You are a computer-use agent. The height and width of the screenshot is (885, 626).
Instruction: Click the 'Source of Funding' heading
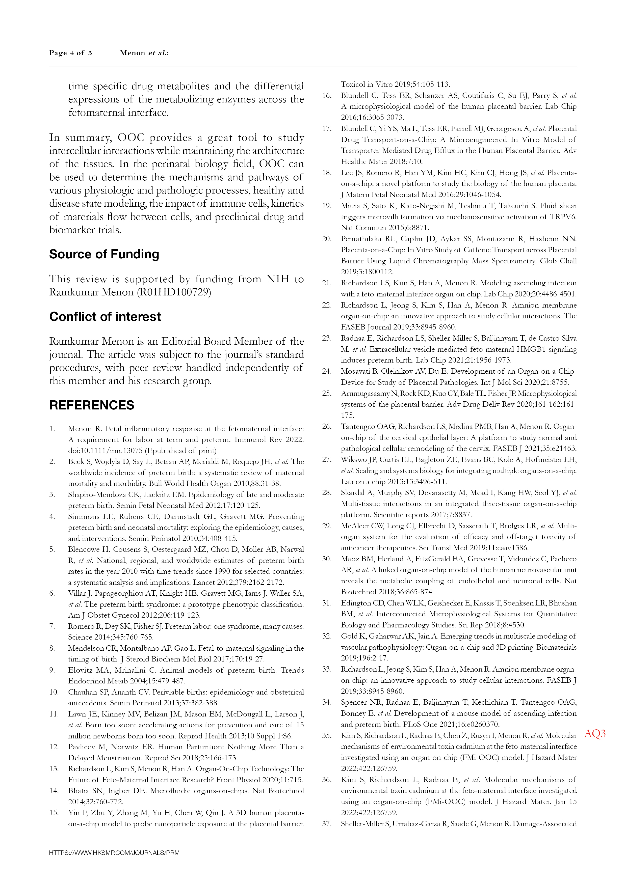[104, 254]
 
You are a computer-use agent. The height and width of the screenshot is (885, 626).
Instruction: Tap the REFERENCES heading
[92, 405]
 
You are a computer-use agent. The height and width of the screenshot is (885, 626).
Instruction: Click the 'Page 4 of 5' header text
[71, 53]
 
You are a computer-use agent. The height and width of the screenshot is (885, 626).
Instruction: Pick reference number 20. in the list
[327, 239]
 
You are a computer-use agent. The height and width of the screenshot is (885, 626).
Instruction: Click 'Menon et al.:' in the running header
[144, 53]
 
